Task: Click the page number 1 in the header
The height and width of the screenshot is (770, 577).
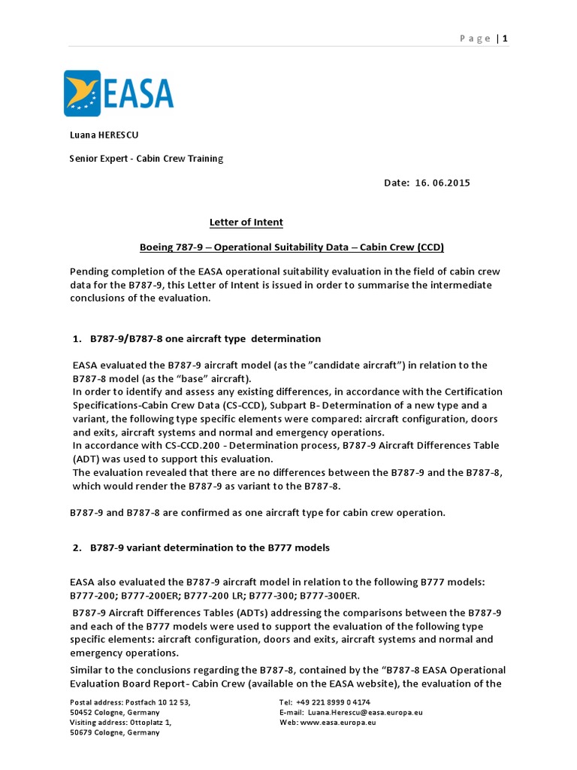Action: (x=506, y=38)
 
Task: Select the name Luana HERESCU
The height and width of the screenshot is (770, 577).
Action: (x=104, y=135)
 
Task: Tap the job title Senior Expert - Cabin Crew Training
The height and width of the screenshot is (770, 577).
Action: (x=147, y=159)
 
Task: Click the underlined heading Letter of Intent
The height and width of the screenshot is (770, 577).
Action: (x=246, y=223)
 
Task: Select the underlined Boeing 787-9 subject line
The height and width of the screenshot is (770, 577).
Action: (x=297, y=247)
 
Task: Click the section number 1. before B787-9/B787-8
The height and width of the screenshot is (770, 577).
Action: (x=77, y=339)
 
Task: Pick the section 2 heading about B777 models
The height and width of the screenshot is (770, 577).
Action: (x=210, y=547)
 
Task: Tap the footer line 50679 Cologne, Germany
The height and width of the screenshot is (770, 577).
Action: (x=114, y=732)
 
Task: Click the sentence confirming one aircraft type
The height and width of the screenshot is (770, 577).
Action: (x=258, y=513)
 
